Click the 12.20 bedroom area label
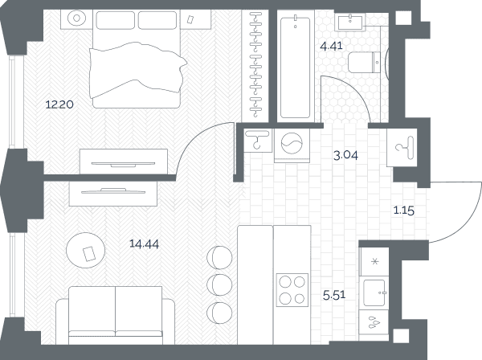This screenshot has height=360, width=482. [x=59, y=104]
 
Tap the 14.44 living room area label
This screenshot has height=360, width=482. [x=144, y=244]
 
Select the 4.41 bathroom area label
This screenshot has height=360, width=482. [x=331, y=46]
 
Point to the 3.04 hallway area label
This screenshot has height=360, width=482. [x=345, y=156]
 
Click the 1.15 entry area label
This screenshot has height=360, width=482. [x=404, y=211]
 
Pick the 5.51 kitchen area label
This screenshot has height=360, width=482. [x=334, y=295]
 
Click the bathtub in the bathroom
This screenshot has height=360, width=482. [x=296, y=67]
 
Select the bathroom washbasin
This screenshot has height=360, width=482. [x=350, y=22]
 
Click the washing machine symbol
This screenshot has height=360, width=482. [x=292, y=143]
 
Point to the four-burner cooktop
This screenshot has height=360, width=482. [x=292, y=290]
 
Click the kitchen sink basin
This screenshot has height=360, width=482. [x=374, y=292]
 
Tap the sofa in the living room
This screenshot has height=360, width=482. [x=115, y=315]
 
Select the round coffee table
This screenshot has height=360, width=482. [x=85, y=250]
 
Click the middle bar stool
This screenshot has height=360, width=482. [x=219, y=284]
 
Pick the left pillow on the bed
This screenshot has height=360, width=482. [x=115, y=20]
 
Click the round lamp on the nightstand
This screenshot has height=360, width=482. [x=76, y=18]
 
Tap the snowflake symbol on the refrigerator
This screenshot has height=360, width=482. [x=374, y=262]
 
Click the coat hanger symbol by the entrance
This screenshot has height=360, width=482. [x=405, y=148]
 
